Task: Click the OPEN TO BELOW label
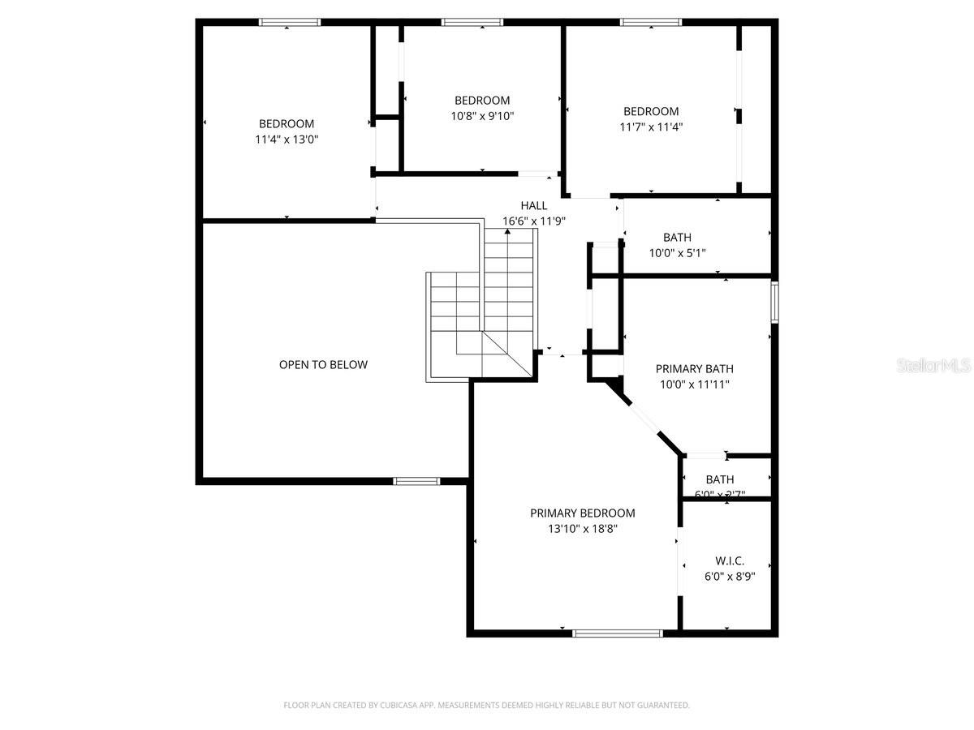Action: pos(323,365)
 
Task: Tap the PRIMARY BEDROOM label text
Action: pos(582,513)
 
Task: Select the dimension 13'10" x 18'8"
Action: pos(582,529)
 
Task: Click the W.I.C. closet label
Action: pos(730,560)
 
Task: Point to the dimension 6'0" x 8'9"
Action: pos(730,577)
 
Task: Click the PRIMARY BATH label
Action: pos(692,368)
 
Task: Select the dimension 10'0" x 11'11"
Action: pos(692,384)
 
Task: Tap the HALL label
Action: pos(533,205)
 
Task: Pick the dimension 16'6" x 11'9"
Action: pos(533,221)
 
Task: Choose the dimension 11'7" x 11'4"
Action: pos(651,127)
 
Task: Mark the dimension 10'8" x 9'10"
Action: pos(482,116)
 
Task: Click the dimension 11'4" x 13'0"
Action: pos(287,140)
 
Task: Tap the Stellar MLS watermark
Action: pos(933,366)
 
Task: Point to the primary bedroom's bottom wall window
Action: pos(618,633)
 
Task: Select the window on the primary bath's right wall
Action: pos(775,301)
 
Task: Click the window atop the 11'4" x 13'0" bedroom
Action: pos(290,22)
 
